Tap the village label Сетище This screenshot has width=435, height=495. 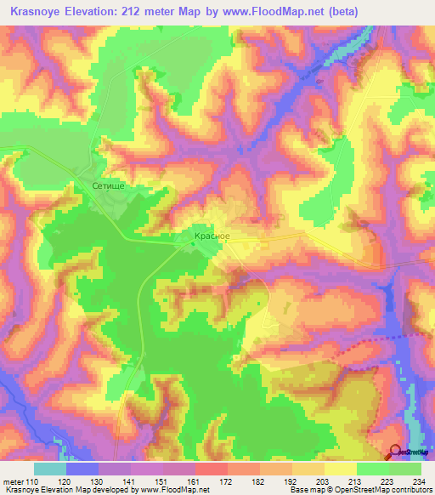point(109,183)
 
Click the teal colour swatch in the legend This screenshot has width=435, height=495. point(50,469)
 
